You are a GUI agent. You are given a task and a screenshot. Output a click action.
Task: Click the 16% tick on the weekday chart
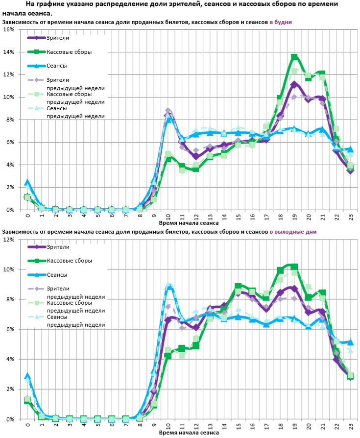[9, 29]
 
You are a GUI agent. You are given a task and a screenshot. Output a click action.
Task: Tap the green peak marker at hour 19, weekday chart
[294, 57]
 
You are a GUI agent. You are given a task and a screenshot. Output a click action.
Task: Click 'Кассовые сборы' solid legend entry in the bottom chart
[69, 261]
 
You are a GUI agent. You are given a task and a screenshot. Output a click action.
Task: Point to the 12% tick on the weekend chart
[9, 239]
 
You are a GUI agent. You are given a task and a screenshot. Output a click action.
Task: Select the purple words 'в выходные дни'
[293, 232]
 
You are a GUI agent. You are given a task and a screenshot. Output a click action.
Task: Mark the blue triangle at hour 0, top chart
[27, 183]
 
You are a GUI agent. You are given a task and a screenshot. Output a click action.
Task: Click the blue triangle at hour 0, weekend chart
[27, 376]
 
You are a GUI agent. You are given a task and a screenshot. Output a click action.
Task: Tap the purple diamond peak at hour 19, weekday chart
[294, 85]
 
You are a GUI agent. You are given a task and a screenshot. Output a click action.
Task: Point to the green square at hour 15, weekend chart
[238, 286]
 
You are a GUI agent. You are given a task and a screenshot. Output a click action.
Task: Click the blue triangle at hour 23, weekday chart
[351, 149]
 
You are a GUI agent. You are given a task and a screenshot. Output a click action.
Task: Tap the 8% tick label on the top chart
[9, 120]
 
